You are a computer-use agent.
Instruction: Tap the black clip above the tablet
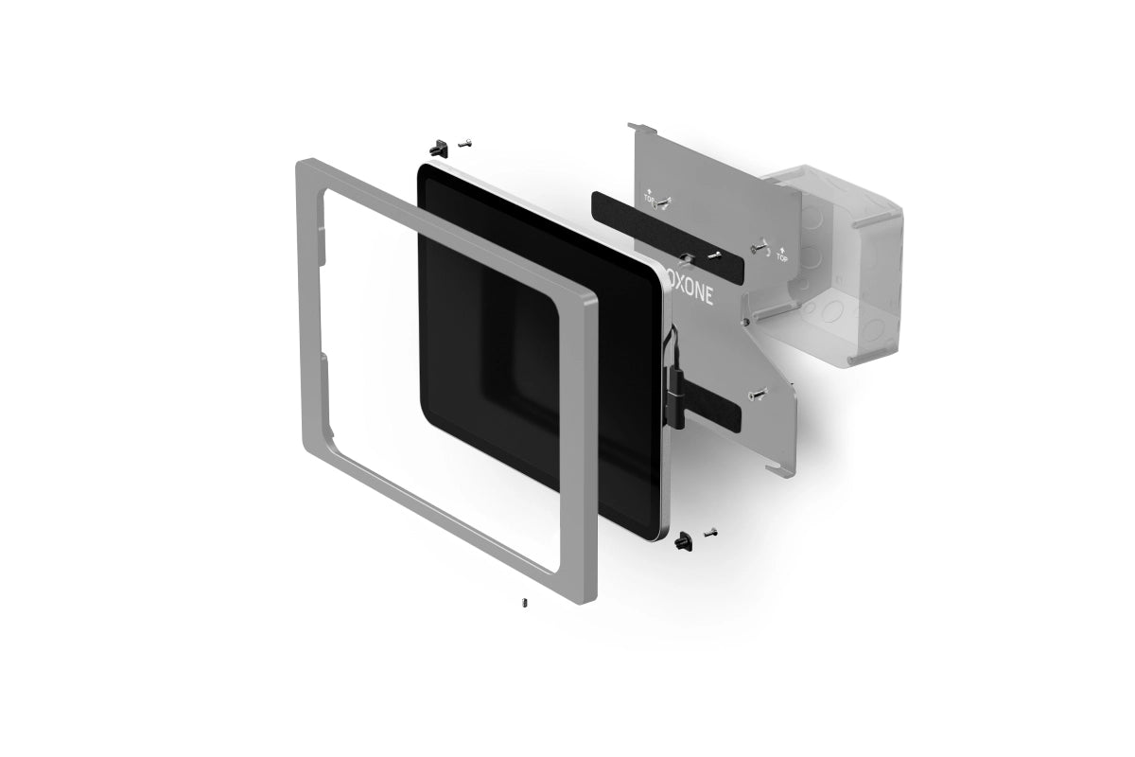pyautogui.click(x=438, y=148)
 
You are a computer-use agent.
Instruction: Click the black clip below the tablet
pyautogui.click(x=683, y=541)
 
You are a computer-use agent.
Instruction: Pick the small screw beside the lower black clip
pyautogui.click(x=710, y=533)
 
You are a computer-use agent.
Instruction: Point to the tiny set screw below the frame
pyautogui.click(x=523, y=602)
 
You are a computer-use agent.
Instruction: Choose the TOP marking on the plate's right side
pyautogui.click(x=781, y=255)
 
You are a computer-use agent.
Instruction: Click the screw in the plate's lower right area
pyautogui.click(x=759, y=393)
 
